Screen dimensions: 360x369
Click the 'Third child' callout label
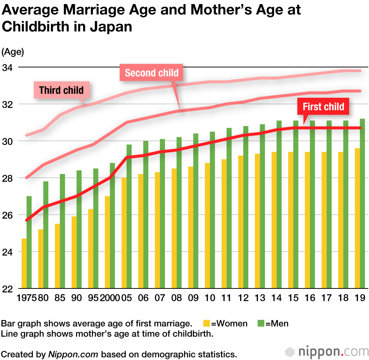[x=61, y=90]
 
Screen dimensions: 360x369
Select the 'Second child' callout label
[x=152, y=73]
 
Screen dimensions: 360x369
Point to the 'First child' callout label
[x=323, y=107]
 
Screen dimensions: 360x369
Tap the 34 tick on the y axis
[x=8, y=67]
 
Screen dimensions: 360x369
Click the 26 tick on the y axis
[x=8, y=215]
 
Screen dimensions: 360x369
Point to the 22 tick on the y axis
[x=8, y=289]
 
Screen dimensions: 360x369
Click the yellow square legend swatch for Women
[x=207, y=324]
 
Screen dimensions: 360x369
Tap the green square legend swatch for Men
[x=261, y=324]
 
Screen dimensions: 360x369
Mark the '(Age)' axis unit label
[x=13, y=52]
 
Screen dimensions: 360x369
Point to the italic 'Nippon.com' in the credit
[x=73, y=354]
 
